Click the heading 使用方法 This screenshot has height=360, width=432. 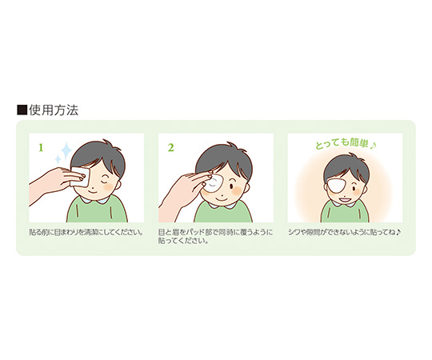(54, 110)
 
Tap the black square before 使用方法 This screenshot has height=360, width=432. (22, 110)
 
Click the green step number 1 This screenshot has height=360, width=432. (41, 148)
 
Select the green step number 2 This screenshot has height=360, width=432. (171, 148)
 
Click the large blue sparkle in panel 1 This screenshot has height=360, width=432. (66, 150)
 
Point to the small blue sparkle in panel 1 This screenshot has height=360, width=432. (58, 159)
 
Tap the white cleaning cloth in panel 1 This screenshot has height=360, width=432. (81, 177)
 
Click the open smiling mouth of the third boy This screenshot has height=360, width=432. (343, 199)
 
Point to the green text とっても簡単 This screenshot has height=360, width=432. (342, 144)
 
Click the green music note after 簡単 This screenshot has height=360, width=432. (373, 145)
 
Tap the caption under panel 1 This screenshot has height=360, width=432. (86, 232)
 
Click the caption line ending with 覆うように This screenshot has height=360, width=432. (215, 232)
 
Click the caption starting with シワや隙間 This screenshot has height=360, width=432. (344, 232)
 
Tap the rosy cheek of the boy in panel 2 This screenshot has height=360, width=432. (238, 190)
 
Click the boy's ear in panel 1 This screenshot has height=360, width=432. (118, 184)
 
